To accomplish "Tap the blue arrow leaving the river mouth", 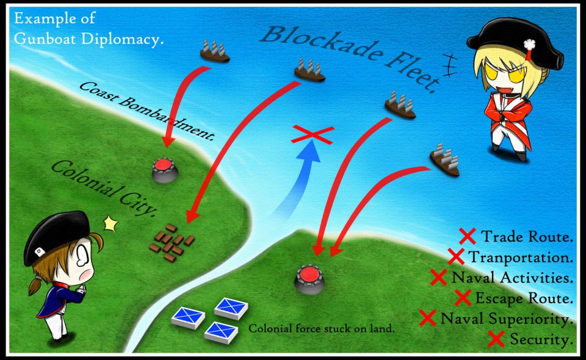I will pos(302,177).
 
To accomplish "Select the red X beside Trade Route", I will pos(468,236).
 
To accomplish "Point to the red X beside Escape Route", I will pos(463,298).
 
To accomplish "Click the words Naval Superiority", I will pos(506,319).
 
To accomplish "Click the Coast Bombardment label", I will pos(147,109).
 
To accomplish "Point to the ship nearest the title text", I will pos(215,51).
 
